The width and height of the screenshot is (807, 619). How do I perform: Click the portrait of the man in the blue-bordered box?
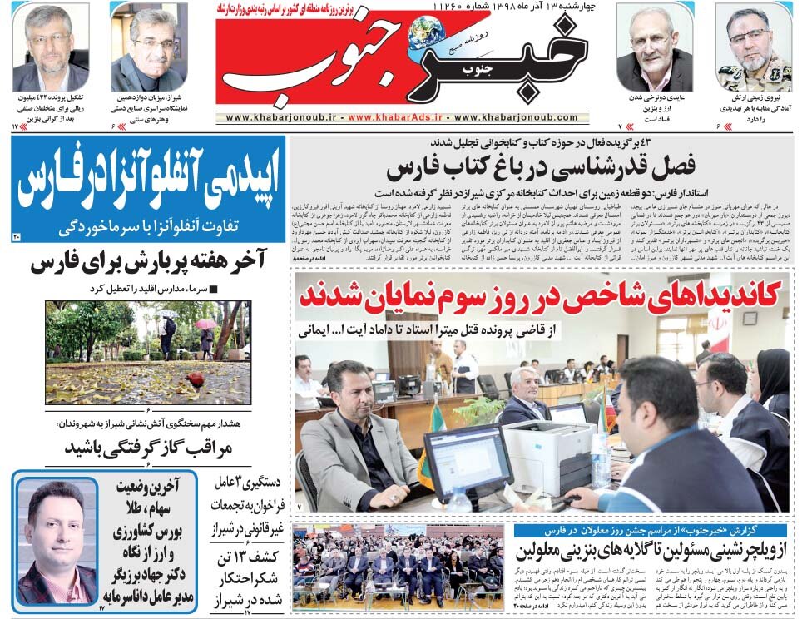click(57, 541)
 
